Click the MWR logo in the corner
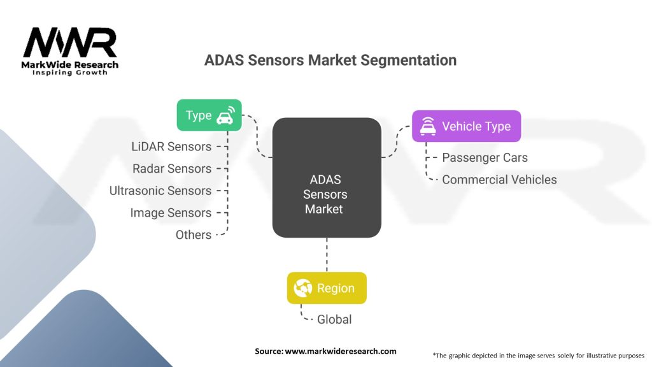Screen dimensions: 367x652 tap(70, 43)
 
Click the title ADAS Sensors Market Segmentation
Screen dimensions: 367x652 tap(330, 60)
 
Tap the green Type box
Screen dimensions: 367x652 tap(209, 115)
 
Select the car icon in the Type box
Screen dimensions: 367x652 tap(225, 116)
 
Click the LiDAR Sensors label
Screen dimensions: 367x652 tap(171, 147)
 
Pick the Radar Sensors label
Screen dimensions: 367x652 tap(172, 169)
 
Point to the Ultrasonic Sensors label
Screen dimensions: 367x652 tap(160, 191)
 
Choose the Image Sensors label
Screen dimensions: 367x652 tap(171, 213)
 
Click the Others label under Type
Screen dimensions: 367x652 tap(194, 235)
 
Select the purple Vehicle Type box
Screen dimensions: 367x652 tap(466, 126)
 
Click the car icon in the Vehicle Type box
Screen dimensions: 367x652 tap(427, 126)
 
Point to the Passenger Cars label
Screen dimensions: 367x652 tap(485, 157)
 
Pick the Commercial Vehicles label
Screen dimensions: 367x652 tap(499, 180)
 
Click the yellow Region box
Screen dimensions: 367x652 tap(327, 288)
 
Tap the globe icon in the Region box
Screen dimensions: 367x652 tap(303, 289)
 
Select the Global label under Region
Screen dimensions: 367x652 tap(334, 319)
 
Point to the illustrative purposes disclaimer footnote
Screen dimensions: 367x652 tap(539, 355)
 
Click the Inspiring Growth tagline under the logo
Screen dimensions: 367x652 tap(70, 73)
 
